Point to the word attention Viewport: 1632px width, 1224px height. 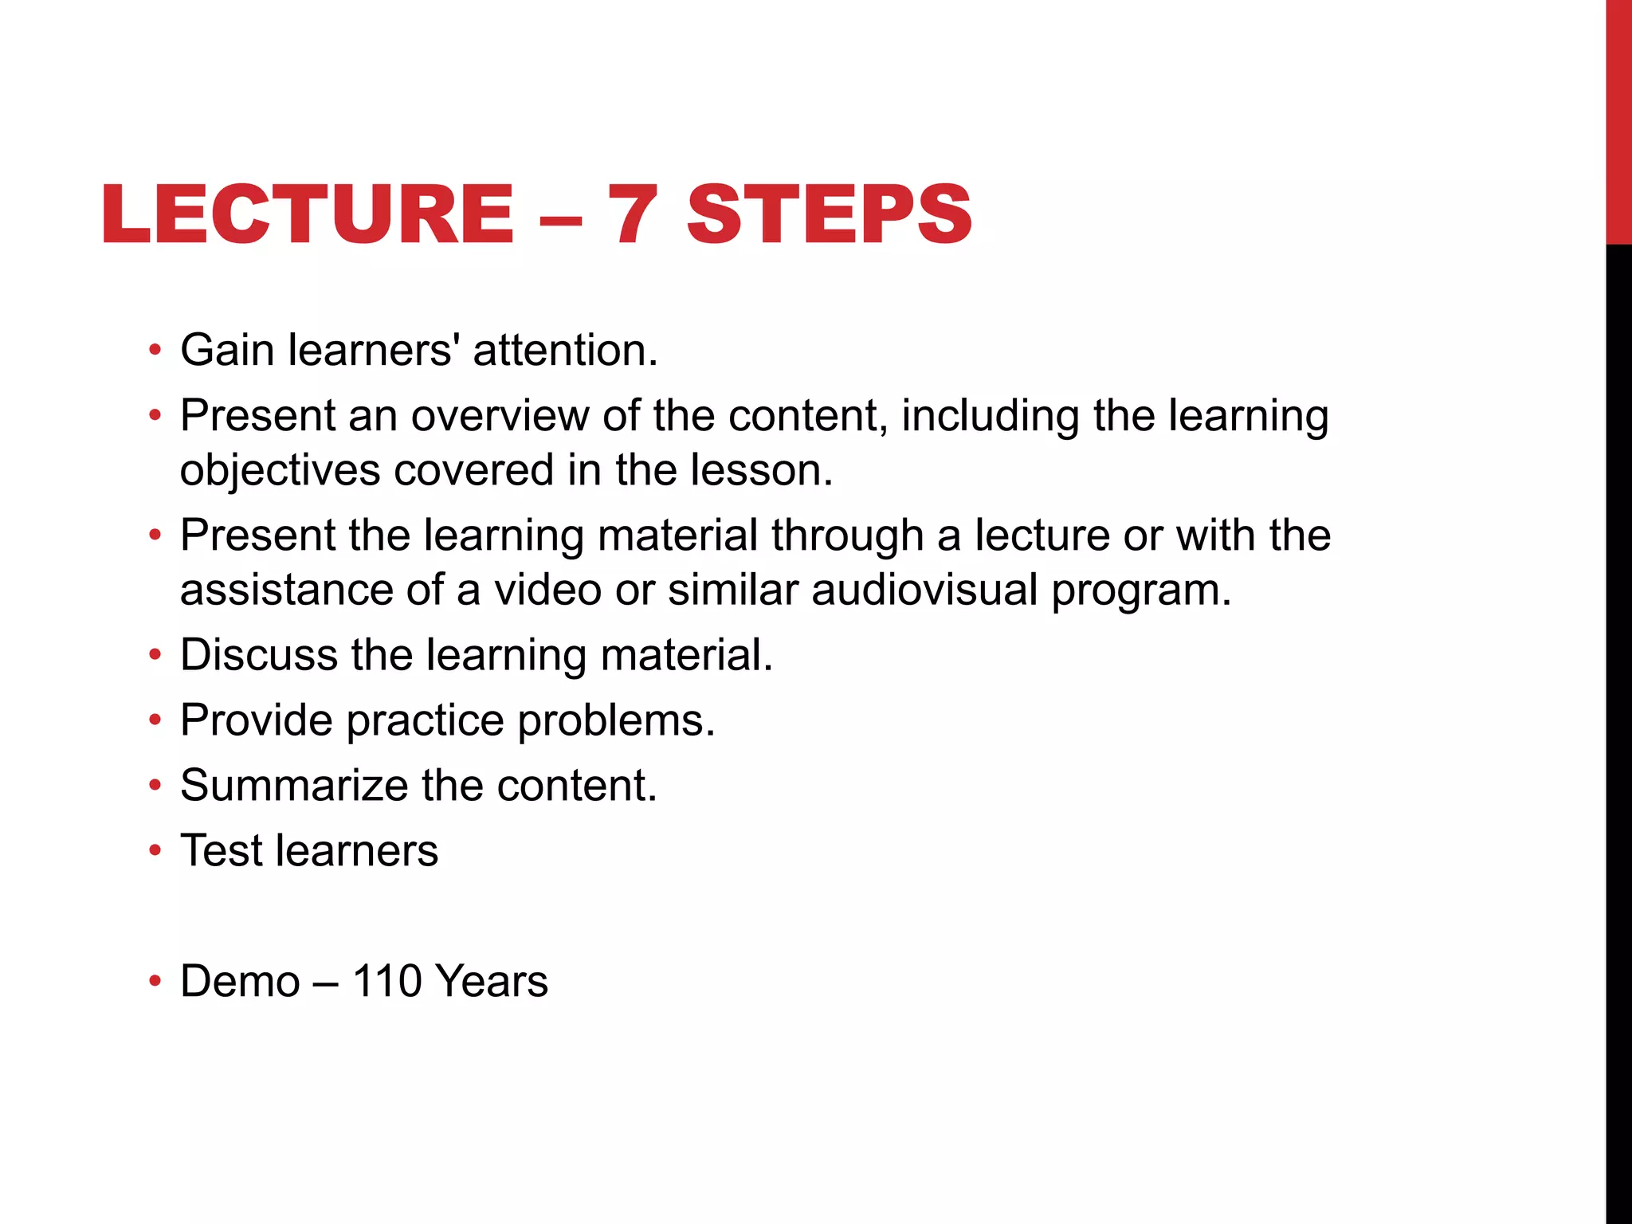(565, 351)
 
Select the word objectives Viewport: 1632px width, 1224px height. (280, 470)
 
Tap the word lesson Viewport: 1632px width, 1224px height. (761, 469)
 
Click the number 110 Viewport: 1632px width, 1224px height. (386, 981)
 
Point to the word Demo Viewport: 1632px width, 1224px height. (240, 981)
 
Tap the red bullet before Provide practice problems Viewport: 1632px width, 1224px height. (155, 720)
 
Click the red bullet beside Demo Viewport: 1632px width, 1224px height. (155, 981)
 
